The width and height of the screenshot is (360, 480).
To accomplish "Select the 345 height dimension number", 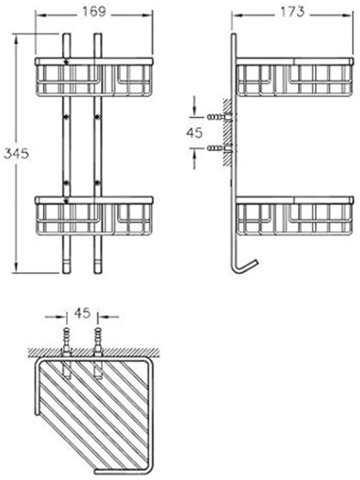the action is (17, 154).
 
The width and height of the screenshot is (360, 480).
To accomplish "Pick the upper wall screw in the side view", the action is (219, 117).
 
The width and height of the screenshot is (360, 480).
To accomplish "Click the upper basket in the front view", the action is (94, 77).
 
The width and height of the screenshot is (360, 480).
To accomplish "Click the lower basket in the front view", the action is (94, 216).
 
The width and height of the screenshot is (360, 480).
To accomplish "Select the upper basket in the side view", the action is (295, 77).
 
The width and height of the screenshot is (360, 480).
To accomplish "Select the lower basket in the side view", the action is (295, 216).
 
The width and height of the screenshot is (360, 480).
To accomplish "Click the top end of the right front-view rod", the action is (98, 33).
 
